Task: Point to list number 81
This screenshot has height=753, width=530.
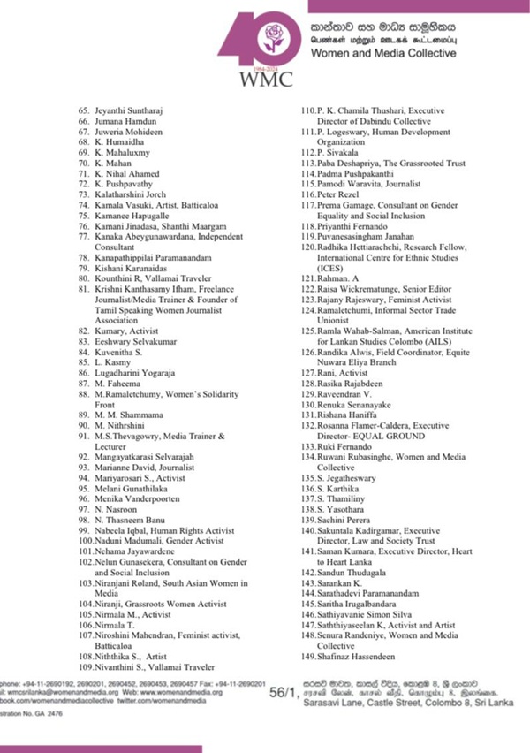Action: (83, 289)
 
